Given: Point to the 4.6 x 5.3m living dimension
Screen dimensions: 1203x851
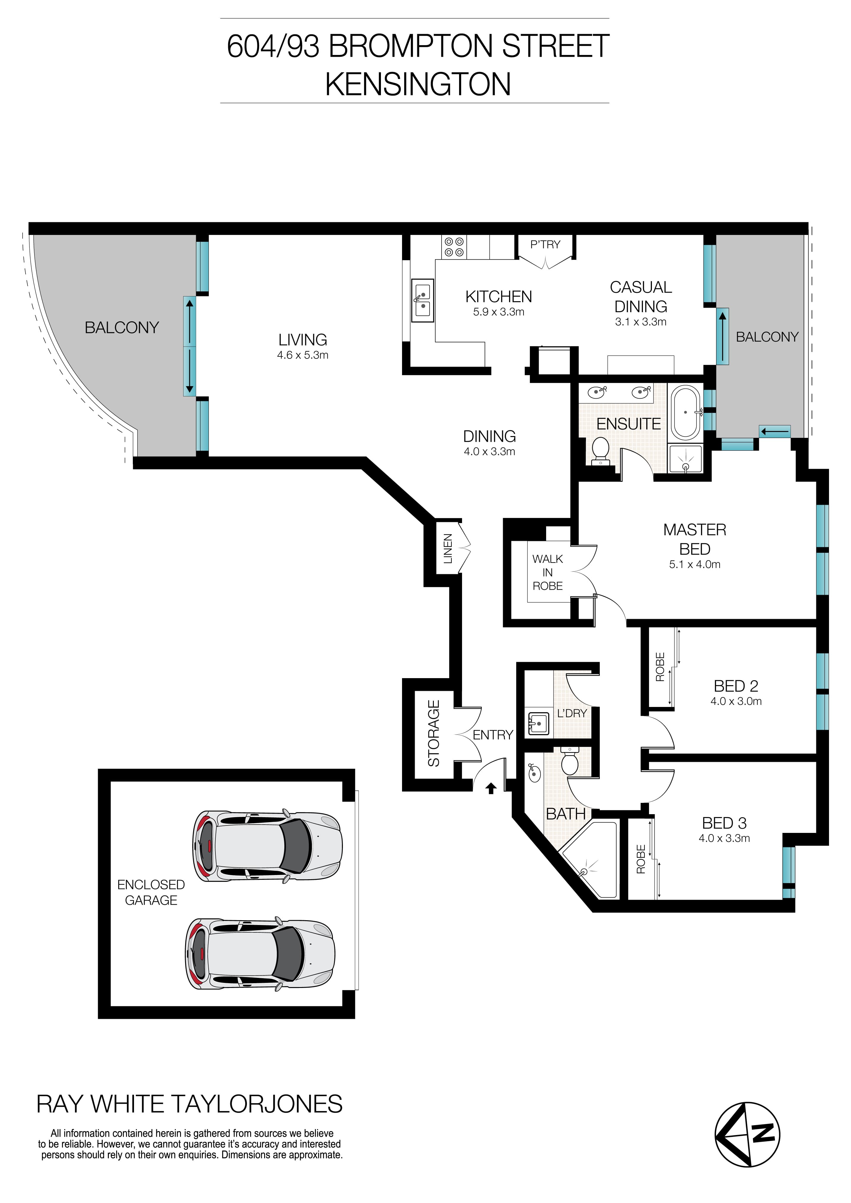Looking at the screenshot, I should click(x=303, y=355).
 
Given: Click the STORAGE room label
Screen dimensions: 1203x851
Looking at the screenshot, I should click(x=433, y=734).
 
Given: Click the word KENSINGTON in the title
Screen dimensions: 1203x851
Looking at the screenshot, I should click(x=418, y=84).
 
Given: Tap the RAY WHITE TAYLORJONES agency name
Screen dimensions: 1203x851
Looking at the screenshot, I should click(x=189, y=1104).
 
